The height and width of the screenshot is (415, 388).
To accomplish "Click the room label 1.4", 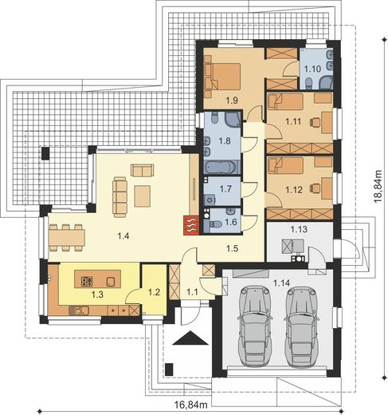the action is [123, 235].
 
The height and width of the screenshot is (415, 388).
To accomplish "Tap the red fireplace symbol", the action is [191, 225].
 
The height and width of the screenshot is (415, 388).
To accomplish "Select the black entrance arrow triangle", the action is [190, 338].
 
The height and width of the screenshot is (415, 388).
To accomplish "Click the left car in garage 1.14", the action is [255, 327].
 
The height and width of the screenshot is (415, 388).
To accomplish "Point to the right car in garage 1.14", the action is [301, 327].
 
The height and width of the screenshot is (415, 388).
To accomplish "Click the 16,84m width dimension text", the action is [190, 405].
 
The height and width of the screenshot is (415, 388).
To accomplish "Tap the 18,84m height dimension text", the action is [378, 187].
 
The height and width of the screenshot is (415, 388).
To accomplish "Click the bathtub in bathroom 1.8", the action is [220, 168].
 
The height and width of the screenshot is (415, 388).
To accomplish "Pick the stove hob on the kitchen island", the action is [87, 281].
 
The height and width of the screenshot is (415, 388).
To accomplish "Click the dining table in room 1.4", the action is [67, 238].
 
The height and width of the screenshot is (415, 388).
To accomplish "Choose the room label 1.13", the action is [299, 229].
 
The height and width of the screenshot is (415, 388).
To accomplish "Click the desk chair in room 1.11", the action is [315, 122].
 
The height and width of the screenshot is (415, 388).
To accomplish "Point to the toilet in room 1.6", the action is [215, 223].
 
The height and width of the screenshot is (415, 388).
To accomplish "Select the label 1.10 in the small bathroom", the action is [312, 69].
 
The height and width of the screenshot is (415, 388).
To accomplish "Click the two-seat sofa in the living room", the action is [143, 170].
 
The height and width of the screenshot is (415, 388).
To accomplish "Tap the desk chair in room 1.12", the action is [315, 188].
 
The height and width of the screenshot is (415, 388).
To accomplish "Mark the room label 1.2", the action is [154, 292].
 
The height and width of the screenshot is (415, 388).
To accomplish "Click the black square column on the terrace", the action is [45, 153].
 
